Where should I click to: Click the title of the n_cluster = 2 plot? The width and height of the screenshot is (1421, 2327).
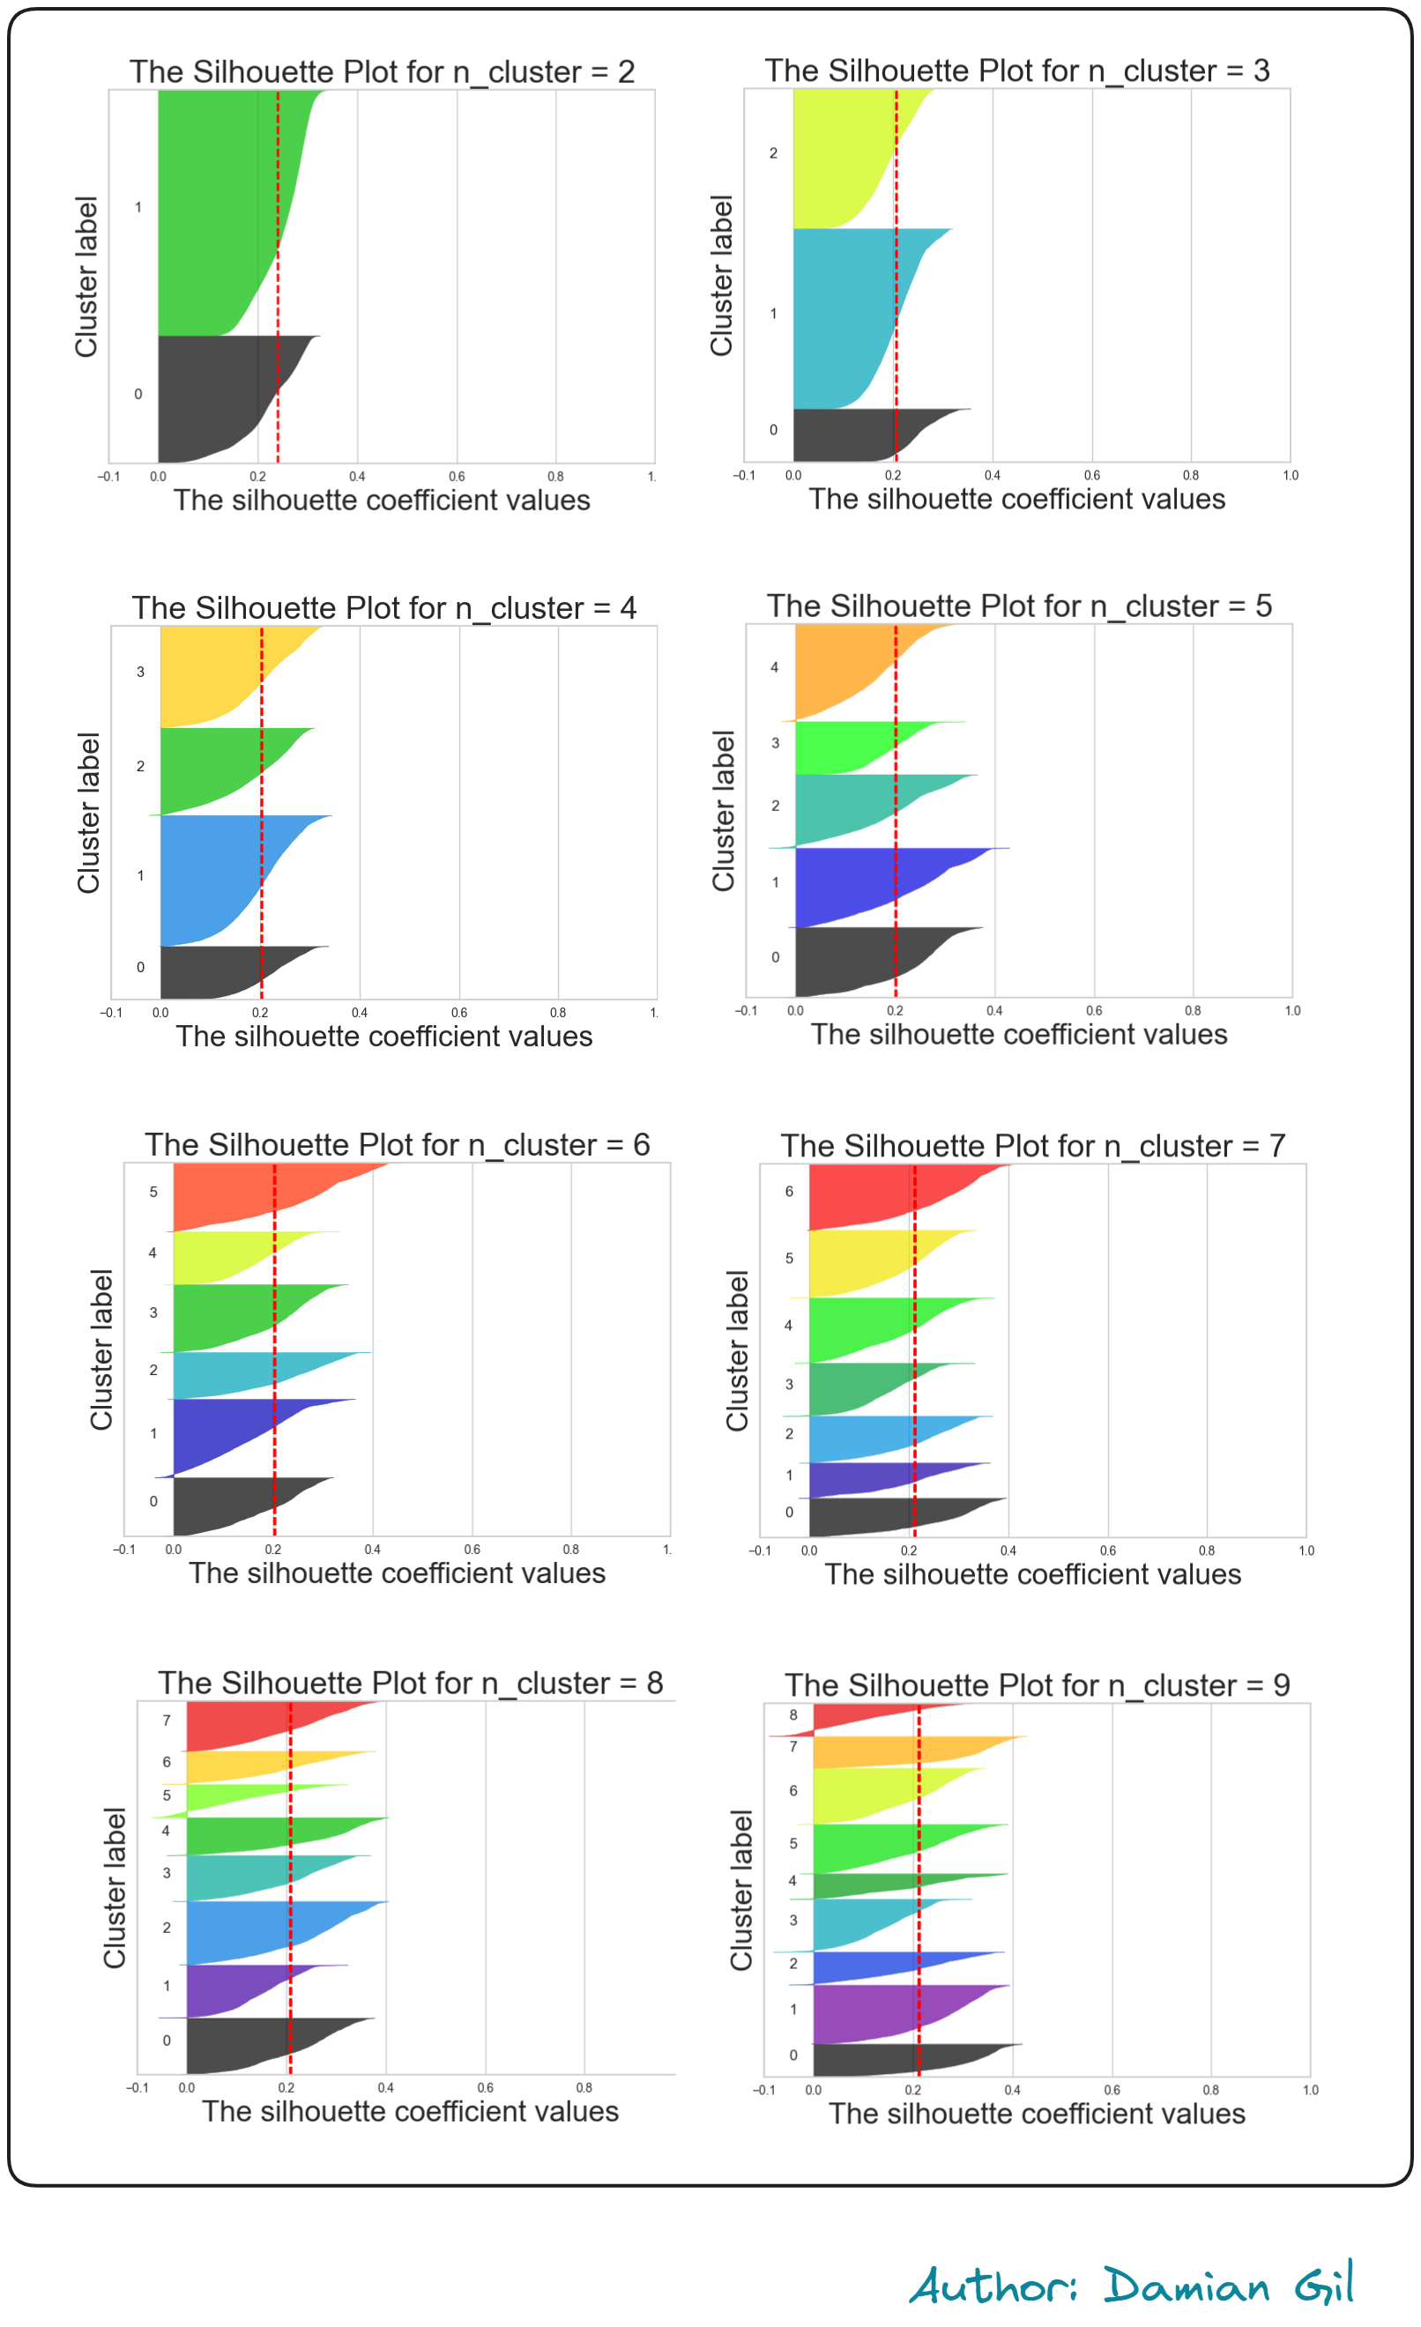coord(382,71)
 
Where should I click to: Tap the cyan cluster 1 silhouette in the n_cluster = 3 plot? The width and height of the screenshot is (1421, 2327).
coord(840,316)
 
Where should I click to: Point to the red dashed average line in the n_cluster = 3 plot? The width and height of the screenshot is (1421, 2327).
coord(896,283)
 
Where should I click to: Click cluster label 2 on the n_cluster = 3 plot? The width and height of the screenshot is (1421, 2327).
coord(773,153)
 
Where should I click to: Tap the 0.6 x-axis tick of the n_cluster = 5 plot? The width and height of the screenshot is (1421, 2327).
coord(1093,1010)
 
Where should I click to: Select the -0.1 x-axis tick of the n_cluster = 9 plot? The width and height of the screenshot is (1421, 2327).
coord(764,2090)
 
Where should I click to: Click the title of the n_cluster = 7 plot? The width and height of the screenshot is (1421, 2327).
coord(1033,1146)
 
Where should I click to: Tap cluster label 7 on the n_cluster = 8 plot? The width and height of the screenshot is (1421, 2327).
coord(167,1721)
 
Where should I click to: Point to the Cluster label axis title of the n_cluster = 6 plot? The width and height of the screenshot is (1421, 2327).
coord(101,1349)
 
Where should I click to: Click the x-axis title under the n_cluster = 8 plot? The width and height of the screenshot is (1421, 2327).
coord(410,2112)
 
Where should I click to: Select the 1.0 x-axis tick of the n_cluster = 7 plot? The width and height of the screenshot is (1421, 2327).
coord(1306,1550)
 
